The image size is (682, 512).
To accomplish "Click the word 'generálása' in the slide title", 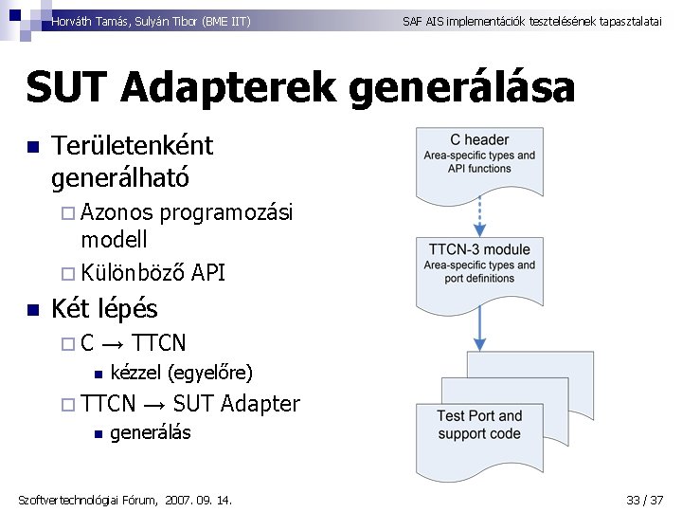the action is click(x=462, y=88).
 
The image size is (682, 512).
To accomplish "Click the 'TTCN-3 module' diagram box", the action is click(x=479, y=266).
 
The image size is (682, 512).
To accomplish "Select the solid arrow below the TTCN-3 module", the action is click(x=480, y=322).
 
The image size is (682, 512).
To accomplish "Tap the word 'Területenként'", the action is click(x=133, y=146).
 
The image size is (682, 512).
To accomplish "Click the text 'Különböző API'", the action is click(x=153, y=273).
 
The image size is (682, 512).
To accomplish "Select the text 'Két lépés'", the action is click(x=104, y=308).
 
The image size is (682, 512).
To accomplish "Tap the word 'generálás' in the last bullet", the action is click(x=151, y=433).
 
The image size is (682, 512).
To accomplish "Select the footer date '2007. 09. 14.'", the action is click(x=199, y=500).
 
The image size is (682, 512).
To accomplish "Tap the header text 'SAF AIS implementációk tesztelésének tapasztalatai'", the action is click(x=531, y=20).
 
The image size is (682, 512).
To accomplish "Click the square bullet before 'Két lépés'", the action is click(x=31, y=309).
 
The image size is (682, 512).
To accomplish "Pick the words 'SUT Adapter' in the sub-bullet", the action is click(x=237, y=404).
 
